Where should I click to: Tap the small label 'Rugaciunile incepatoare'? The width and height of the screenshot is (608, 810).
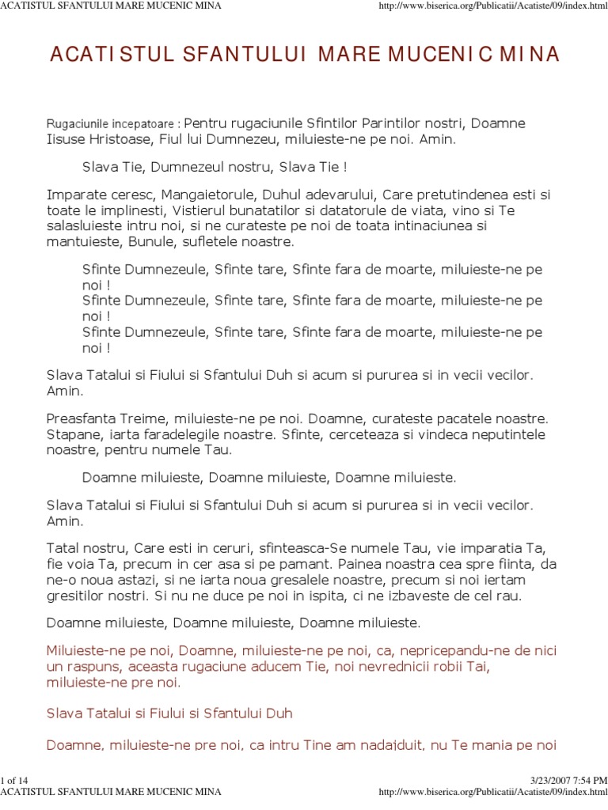(x=112, y=125)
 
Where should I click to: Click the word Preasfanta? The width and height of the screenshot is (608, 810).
(x=82, y=418)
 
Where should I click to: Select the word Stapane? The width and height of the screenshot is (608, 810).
(x=74, y=434)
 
